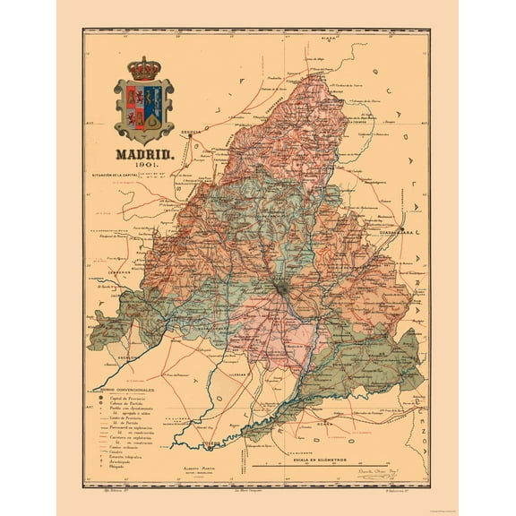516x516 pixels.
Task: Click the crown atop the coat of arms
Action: point(143,68)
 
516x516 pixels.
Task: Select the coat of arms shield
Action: point(143,110)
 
